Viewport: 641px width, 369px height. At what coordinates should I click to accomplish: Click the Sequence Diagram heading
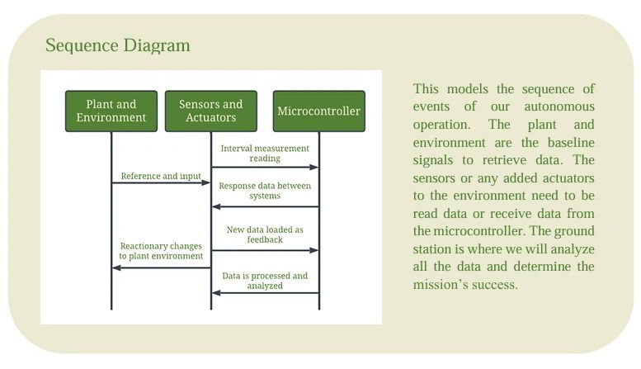[117, 45]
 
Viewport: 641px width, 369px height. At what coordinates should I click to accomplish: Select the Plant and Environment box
[111, 111]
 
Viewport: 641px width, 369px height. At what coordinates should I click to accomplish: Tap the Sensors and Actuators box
[210, 111]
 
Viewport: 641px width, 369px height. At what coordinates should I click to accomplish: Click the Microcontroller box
[318, 111]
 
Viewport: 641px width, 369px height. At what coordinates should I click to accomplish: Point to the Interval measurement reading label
[265, 153]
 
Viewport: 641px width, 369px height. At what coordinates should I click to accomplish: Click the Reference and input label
[161, 176]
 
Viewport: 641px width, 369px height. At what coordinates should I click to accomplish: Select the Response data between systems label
[265, 192]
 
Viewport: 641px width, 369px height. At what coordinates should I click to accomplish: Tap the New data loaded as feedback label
[265, 234]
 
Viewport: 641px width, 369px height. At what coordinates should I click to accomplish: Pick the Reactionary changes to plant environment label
[161, 251]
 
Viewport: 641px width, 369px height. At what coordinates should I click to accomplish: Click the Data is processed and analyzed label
[265, 281]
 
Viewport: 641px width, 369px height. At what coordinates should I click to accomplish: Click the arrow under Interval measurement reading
[265, 168]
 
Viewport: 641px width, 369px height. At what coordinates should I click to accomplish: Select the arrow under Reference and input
[161, 182]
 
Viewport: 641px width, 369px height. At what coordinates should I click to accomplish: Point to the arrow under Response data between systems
[265, 206]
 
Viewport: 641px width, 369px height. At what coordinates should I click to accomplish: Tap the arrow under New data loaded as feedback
[265, 249]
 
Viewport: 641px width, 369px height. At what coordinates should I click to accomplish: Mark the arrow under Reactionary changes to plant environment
[161, 267]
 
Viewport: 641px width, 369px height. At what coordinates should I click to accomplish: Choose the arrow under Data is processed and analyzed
[265, 292]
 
